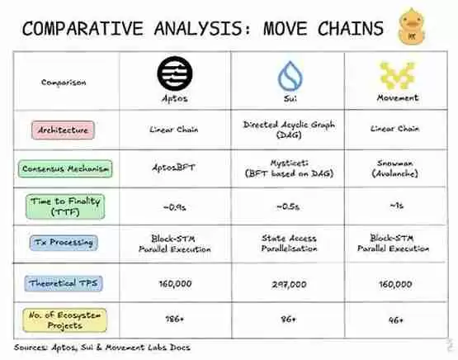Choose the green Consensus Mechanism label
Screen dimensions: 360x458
[x=65, y=169]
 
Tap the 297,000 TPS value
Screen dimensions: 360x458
[x=288, y=282]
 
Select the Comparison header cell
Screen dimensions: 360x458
[x=64, y=83]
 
